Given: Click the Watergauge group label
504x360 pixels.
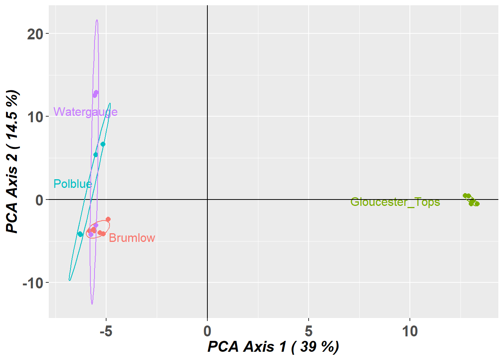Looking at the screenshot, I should [85, 112].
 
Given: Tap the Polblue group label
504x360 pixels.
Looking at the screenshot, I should [72, 184].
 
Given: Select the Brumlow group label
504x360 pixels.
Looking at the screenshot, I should [132, 238].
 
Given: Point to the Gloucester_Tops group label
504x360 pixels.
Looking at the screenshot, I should [395, 202].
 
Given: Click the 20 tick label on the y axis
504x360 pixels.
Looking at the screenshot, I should [35, 34].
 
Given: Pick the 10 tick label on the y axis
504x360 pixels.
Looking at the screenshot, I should [35, 117].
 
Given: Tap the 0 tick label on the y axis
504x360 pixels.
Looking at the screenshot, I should [39, 200].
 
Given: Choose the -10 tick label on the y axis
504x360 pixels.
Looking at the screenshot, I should [33, 283].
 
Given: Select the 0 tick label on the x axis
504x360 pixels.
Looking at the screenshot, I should [207, 331].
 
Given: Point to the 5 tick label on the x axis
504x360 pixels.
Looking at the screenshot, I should [309, 331].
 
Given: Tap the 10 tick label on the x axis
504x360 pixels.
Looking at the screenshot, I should [410, 331].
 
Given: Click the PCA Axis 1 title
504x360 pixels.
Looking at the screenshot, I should [273, 347].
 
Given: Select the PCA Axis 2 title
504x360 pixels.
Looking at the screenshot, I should [12, 161].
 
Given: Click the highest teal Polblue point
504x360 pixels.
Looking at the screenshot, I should [103, 144].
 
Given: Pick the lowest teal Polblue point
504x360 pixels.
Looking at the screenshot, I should [80, 234].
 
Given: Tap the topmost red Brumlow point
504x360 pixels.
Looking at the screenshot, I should [108, 219].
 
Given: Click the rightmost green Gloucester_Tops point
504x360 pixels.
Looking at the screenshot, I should [477, 204].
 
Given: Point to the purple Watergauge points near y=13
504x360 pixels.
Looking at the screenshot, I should [96, 93].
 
